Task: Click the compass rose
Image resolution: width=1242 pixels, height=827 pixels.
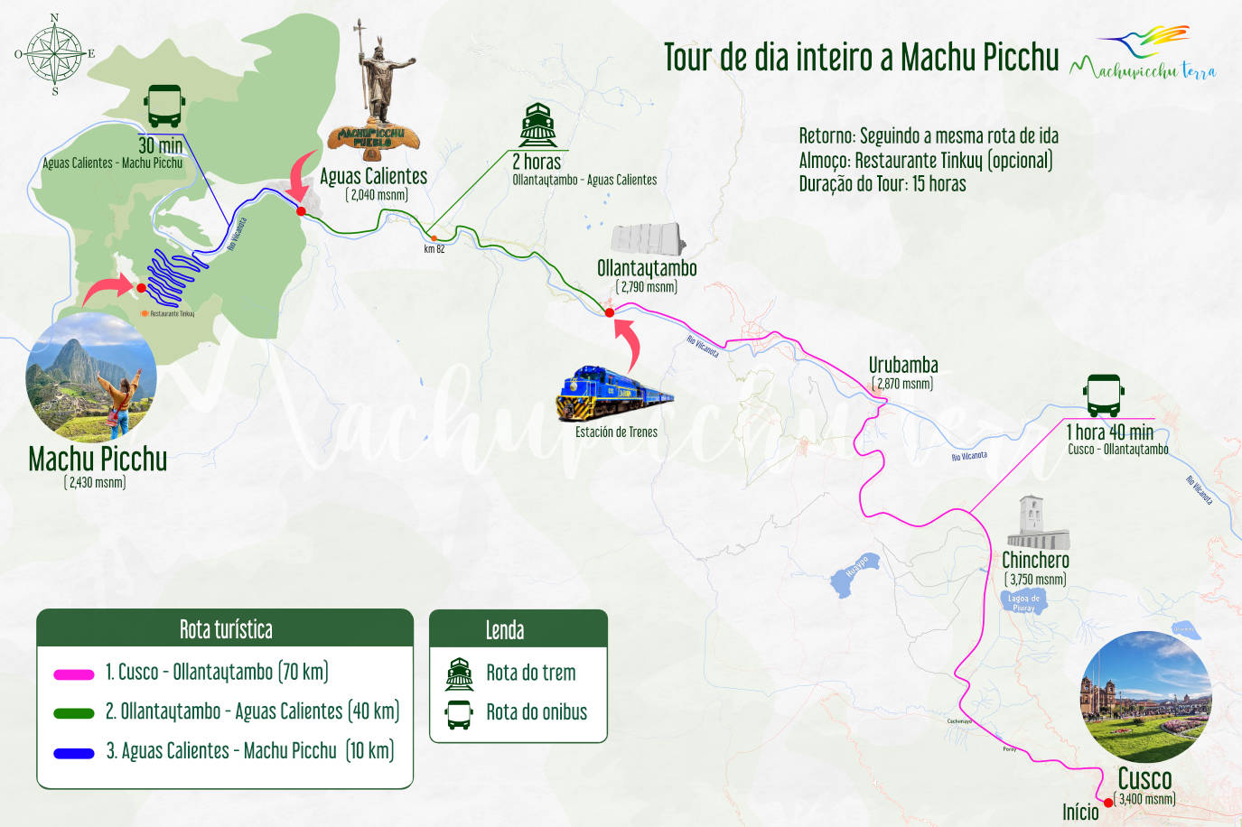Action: coord(54,53)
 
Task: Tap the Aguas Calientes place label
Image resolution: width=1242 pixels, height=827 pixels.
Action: coord(373,176)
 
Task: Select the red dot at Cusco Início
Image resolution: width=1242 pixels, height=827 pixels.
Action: coord(1108,803)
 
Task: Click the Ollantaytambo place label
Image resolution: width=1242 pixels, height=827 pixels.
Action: coord(647,268)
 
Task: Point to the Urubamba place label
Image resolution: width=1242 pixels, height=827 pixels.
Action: coord(903,366)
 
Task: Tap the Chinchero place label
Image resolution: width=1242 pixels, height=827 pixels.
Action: coord(1035,561)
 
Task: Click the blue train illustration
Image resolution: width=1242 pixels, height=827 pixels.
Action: coord(614,394)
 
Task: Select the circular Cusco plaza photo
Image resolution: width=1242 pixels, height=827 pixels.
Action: coord(1145,696)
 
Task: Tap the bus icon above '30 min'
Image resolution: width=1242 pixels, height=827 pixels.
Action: coord(163,107)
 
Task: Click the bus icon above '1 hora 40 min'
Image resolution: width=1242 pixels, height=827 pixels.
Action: coord(1103,395)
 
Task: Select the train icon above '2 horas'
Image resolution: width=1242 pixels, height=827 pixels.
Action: coord(537,125)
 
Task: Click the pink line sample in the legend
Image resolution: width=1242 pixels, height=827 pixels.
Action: coord(74,674)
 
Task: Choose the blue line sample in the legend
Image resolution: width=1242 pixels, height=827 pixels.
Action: coord(74,752)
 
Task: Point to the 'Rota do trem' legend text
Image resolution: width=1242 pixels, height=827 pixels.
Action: coord(530,673)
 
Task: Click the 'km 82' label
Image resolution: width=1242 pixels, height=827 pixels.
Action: coord(434,249)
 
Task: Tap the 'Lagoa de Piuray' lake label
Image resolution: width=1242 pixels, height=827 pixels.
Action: coord(1023,602)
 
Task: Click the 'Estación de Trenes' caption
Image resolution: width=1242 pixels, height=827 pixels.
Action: coord(616,432)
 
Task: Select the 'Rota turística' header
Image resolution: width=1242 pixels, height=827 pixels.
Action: coord(226,629)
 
